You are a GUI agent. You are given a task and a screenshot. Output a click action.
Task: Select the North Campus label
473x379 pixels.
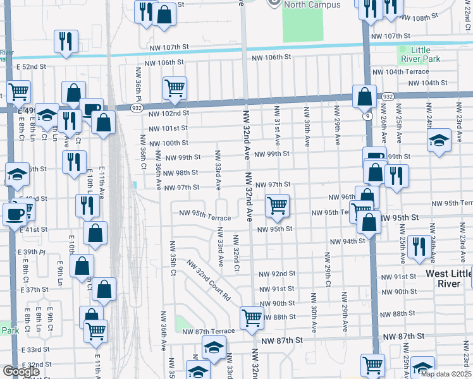[312, 5]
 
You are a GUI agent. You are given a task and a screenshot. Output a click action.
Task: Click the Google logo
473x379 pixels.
[21, 371]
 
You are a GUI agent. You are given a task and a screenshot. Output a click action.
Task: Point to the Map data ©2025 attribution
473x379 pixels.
[446, 373]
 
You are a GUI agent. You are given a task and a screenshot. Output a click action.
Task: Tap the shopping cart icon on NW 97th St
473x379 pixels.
[277, 205]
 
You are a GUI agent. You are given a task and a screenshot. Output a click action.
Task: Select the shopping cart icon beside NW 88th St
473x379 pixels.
[252, 318]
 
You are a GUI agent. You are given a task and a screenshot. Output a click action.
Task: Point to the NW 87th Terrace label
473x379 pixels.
[208, 332]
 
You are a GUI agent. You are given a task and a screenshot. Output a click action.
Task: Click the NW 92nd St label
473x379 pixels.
[278, 274]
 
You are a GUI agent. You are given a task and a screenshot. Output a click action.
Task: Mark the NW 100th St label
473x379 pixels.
[168, 143]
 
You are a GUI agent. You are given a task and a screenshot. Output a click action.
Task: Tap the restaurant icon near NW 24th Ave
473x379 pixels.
[419, 248]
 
